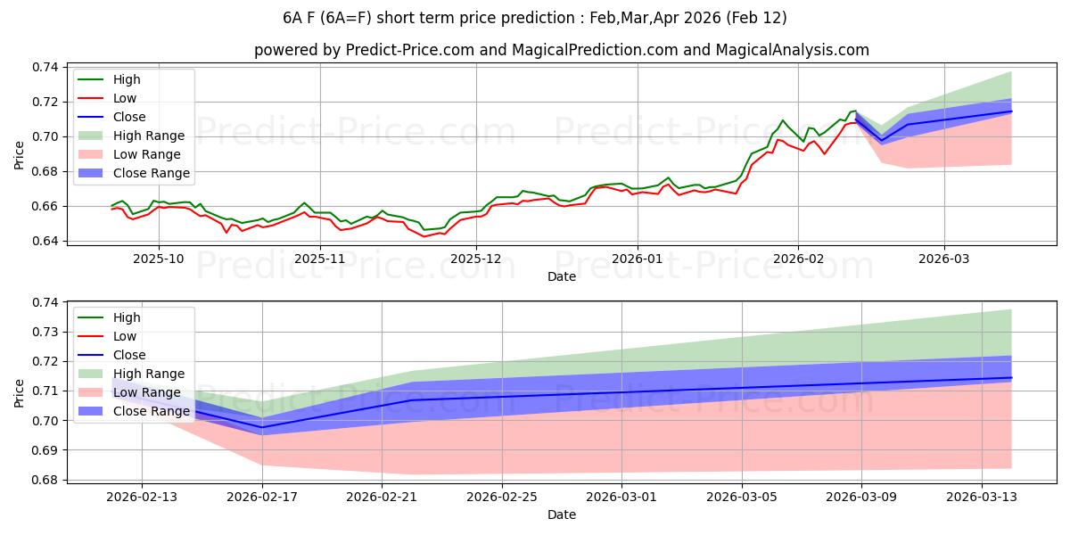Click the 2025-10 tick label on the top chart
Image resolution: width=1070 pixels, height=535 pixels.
(159, 258)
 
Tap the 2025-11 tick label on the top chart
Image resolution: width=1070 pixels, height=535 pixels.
(319, 258)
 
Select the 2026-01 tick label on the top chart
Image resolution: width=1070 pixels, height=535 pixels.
(637, 258)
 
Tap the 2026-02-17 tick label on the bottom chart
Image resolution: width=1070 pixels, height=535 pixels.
(262, 497)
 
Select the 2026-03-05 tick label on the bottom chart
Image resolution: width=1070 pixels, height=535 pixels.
(742, 497)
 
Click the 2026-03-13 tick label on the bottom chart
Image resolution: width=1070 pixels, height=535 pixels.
(981, 497)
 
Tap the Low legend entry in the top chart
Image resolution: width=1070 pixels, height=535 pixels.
(125, 98)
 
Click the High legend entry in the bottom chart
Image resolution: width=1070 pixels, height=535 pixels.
(127, 317)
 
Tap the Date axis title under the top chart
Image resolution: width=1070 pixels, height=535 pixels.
(562, 276)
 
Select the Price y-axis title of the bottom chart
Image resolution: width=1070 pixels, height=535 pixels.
(20, 391)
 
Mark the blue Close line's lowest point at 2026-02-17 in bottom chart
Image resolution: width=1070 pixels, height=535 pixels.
(262, 427)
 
